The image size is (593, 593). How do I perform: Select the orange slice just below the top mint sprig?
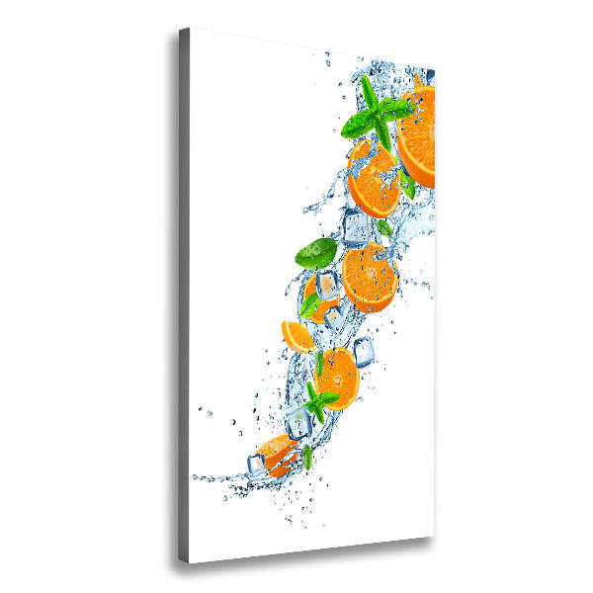pos(373,178)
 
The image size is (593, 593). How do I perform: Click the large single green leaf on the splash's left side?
pos(316,253)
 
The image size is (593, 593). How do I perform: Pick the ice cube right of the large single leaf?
pos(357,229)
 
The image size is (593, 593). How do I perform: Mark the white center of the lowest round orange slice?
pos(338,375)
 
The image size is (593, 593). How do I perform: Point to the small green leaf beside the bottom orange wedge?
pos(307,456)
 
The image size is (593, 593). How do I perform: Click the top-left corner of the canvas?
pos(191,29)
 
